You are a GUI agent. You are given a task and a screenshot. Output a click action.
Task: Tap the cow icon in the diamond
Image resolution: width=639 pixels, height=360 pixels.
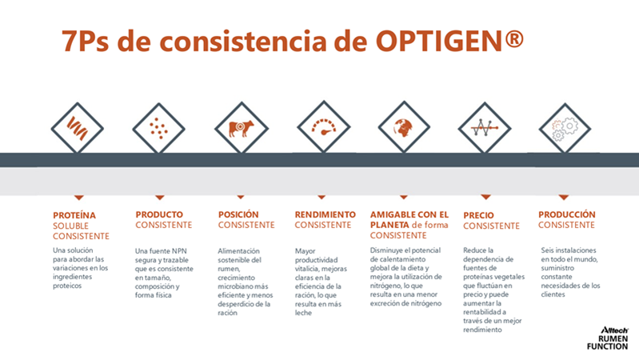pyautogui.click(x=241, y=129)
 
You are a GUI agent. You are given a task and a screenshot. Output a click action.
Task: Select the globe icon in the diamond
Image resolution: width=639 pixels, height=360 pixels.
pyautogui.click(x=403, y=128)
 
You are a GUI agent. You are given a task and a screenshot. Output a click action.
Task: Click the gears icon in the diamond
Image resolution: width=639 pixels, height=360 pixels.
pyautogui.click(x=565, y=130)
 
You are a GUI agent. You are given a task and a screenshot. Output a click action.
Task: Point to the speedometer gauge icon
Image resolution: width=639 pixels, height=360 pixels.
pyautogui.click(x=324, y=126)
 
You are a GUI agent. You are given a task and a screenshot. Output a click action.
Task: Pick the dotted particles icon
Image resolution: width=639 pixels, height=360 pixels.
pyautogui.click(x=158, y=129)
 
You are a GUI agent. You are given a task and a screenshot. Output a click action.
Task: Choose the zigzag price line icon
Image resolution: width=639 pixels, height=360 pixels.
pyautogui.click(x=485, y=128)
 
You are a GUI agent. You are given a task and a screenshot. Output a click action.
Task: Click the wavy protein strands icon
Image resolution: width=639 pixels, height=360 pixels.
pyautogui.click(x=77, y=128)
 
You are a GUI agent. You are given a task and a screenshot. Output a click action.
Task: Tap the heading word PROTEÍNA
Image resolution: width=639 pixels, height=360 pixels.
pyautogui.click(x=74, y=215)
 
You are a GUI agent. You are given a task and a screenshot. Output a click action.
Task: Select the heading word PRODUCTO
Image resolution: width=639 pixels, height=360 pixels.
pyautogui.click(x=159, y=214)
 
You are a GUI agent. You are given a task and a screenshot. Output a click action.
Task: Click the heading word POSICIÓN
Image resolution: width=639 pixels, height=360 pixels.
pyautogui.click(x=238, y=214)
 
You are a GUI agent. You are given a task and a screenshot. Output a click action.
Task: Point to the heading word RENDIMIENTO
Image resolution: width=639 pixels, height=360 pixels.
pyautogui.click(x=325, y=214)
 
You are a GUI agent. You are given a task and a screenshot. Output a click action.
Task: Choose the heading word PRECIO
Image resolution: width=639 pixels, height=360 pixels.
pyautogui.click(x=478, y=215)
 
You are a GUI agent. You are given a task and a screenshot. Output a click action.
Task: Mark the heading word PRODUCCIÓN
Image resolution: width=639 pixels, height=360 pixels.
pyautogui.click(x=567, y=214)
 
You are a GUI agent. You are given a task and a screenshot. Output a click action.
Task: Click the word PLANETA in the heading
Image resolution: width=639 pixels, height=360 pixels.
pyautogui.click(x=389, y=225)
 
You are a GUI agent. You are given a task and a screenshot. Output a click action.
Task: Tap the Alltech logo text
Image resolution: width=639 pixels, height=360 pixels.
pyautogui.click(x=614, y=330)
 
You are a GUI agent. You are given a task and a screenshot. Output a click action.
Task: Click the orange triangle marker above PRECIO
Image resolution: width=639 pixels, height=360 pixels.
pyautogui.click(x=485, y=198)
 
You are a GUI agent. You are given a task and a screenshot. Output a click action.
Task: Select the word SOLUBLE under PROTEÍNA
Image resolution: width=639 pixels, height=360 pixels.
pyautogui.click(x=70, y=226)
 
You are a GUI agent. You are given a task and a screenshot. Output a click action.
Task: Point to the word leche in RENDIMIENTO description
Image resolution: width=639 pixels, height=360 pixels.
pyautogui.click(x=303, y=313)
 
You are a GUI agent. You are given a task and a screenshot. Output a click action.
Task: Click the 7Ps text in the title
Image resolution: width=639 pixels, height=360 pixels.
pyautogui.click(x=85, y=41)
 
